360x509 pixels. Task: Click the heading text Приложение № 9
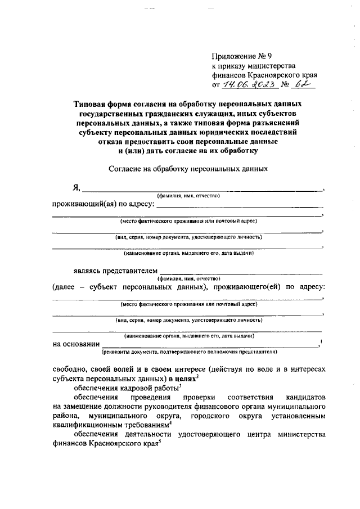234,56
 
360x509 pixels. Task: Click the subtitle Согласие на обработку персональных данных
187,168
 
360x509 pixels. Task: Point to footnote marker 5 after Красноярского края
160,442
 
